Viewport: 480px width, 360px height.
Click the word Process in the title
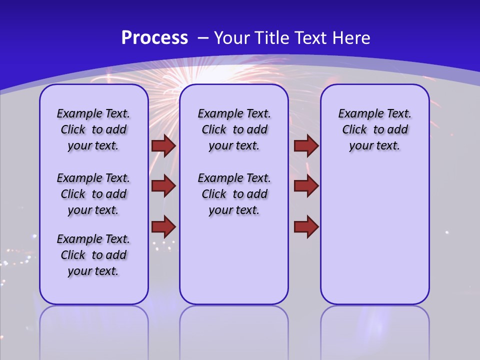coord(154,38)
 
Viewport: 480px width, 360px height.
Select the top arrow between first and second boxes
coord(163,145)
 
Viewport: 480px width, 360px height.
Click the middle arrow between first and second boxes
coord(163,186)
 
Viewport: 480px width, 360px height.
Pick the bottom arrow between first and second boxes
coord(163,226)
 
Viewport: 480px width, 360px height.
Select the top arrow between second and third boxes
coord(306,145)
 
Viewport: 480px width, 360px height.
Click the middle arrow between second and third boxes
coord(306,186)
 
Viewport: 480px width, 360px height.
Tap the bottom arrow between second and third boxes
coord(306,226)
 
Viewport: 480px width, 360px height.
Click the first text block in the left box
coord(93,129)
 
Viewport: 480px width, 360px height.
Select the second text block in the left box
coord(93,194)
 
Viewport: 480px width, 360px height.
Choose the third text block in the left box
coord(93,255)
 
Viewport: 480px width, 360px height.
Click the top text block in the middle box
coord(234,129)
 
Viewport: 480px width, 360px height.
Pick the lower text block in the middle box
coord(234,194)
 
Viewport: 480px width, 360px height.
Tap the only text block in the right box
coord(374,129)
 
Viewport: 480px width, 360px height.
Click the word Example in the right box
coord(357,114)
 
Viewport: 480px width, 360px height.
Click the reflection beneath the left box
coord(94,330)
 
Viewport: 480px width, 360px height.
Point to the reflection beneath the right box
coord(374,330)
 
